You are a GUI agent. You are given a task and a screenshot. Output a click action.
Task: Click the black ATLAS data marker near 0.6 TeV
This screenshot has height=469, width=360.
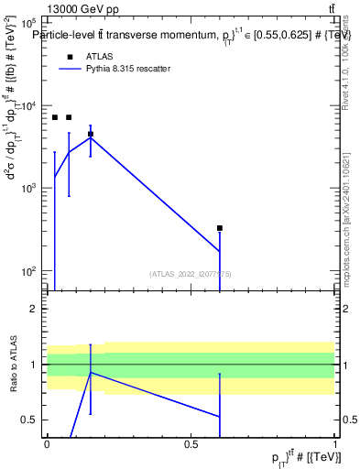pyautogui.click(x=220, y=228)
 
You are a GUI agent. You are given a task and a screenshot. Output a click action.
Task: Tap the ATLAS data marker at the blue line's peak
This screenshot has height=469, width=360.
pyautogui.click(x=90, y=134)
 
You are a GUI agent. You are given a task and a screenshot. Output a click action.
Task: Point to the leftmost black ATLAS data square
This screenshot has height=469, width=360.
pyautogui.click(x=55, y=117)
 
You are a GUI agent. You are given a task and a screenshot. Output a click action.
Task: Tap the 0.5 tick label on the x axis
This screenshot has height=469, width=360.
pyautogui.click(x=191, y=443)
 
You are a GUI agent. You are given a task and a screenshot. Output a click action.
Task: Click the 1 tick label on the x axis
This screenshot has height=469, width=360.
pyautogui.click(x=335, y=443)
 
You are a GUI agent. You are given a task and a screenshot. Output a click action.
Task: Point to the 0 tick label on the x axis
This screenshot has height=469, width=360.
pyautogui.click(x=47, y=443)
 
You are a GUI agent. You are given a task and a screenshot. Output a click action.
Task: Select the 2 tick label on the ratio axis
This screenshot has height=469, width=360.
pyautogui.click(x=33, y=309)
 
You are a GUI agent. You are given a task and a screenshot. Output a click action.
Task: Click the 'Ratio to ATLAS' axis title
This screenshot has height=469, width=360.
pyautogui.click(x=14, y=365)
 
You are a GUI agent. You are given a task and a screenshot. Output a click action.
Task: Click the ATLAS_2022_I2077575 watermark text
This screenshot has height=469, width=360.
pyautogui.click(x=191, y=274)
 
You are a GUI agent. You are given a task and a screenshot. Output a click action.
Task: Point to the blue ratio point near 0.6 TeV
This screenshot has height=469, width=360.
pyautogui.click(x=220, y=416)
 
